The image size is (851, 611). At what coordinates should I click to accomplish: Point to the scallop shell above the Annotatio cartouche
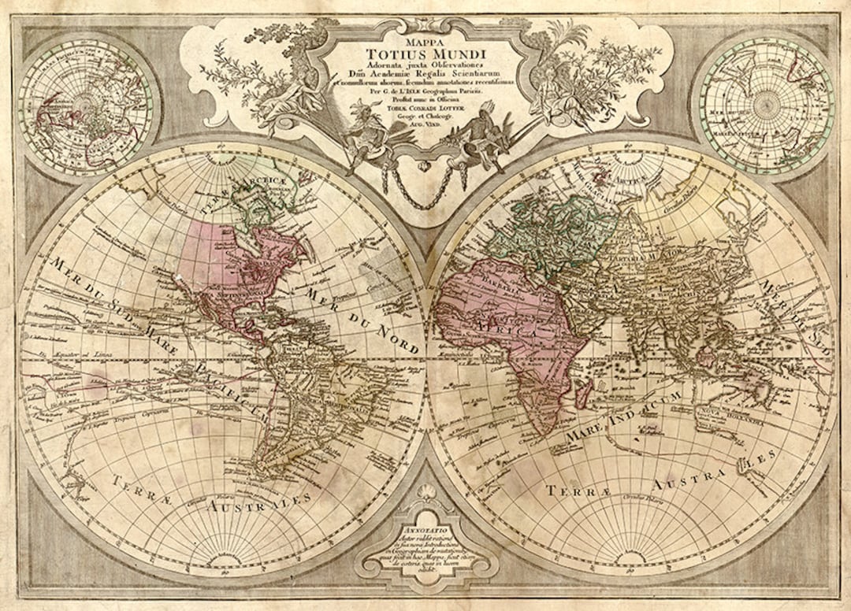tap(426, 497)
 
